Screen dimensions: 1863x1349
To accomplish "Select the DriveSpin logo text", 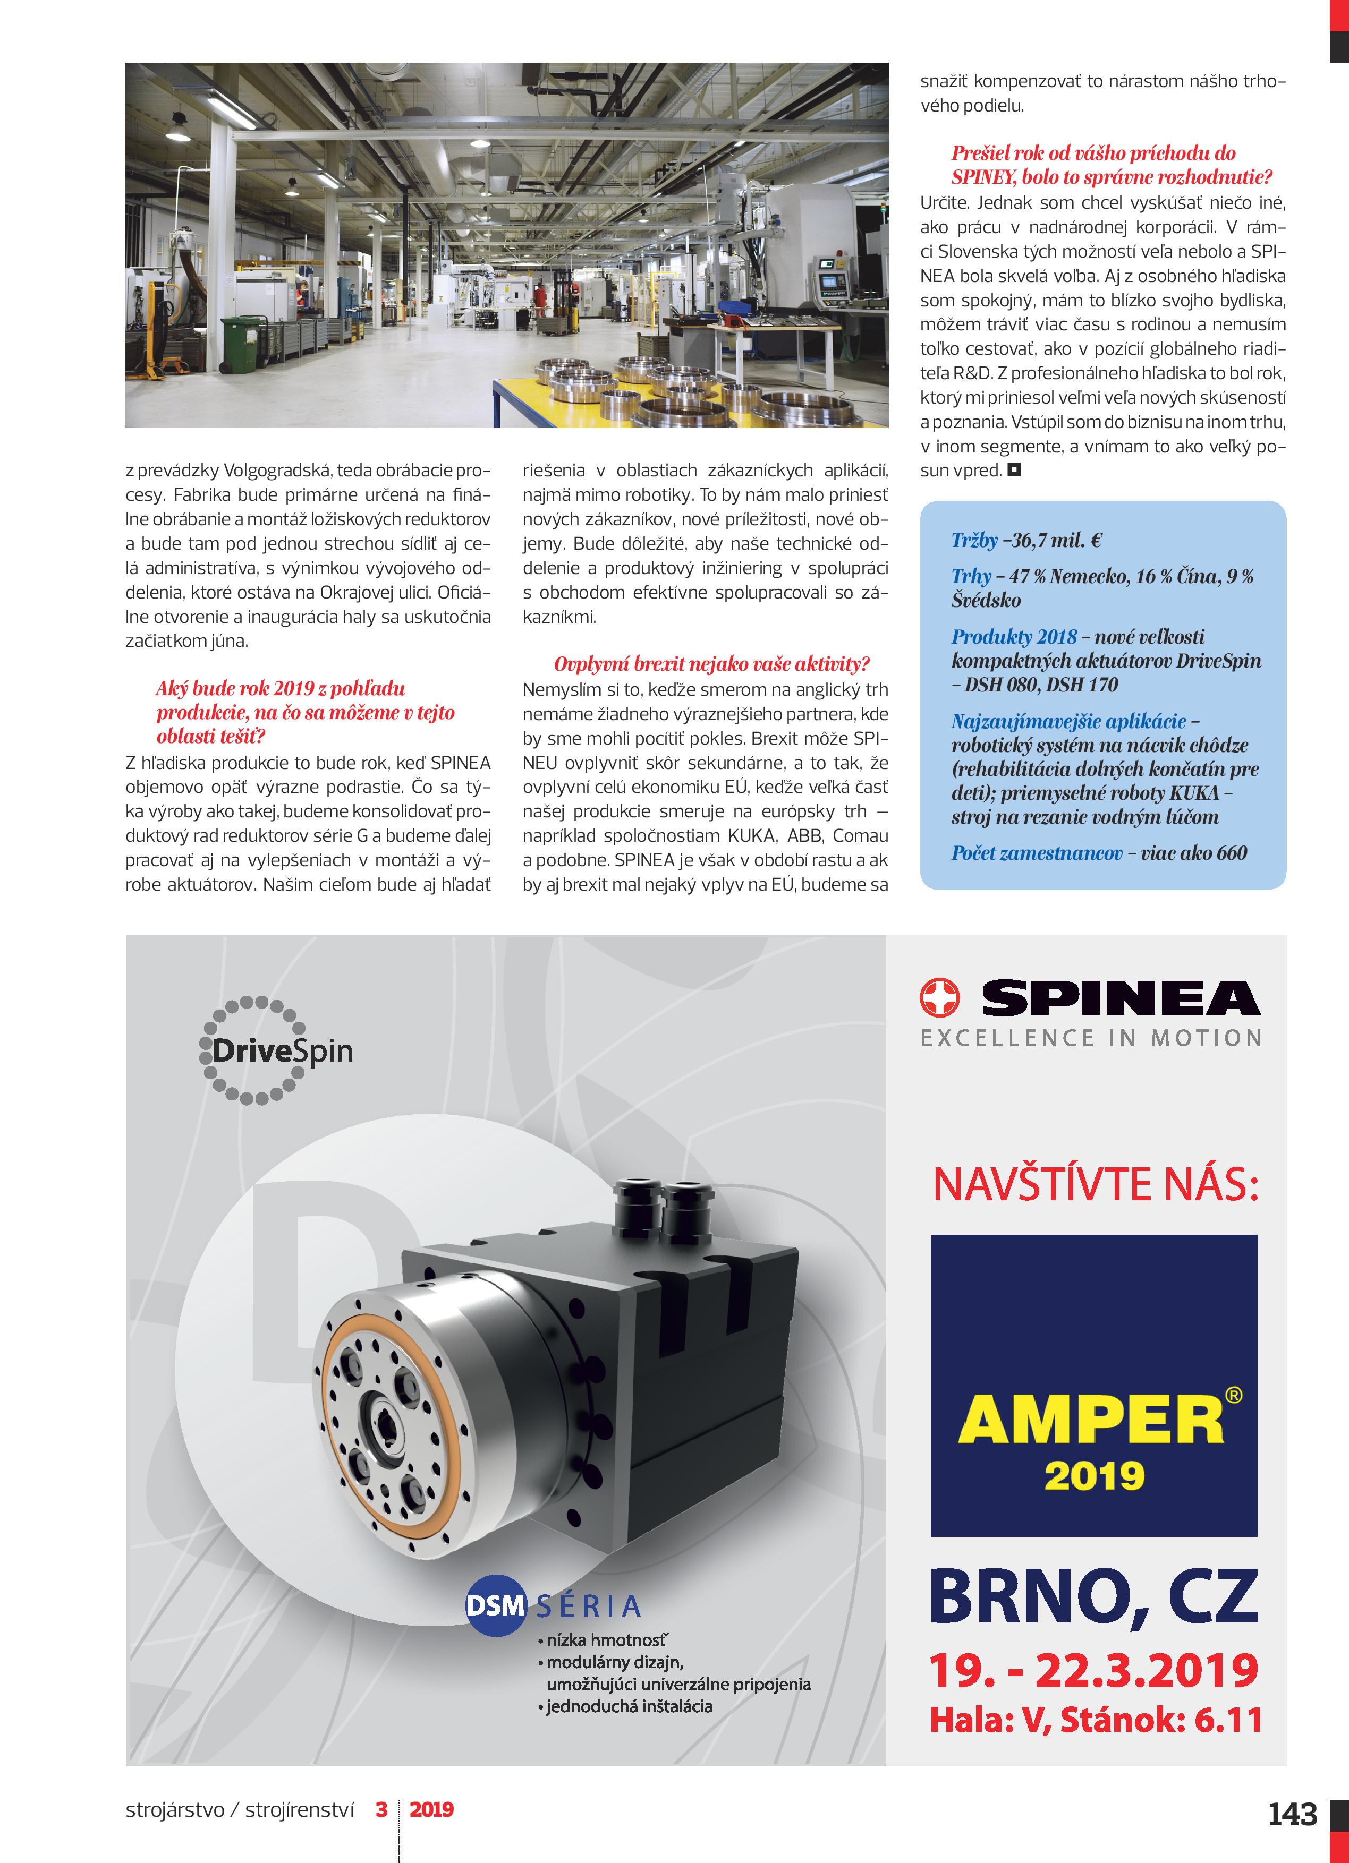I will [x=282, y=1052].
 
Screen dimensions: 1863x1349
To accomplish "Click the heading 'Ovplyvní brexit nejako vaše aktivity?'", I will [x=711, y=664].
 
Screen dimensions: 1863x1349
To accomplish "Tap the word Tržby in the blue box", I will [x=974, y=541].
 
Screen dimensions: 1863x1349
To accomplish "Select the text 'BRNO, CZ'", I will [x=1093, y=1595].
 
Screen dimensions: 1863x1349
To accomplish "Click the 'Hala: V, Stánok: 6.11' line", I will [x=1095, y=1719].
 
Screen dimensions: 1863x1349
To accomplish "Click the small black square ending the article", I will [x=1014, y=471].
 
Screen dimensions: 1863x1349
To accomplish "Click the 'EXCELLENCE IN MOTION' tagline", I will [x=1091, y=1038].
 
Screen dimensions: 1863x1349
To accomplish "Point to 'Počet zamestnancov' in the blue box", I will [x=1037, y=853].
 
